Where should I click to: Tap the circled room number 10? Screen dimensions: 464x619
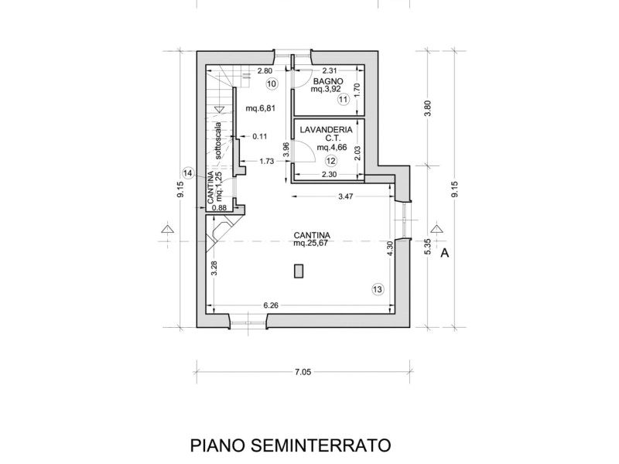[x=271, y=84]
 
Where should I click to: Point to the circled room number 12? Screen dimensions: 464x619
[x=331, y=161]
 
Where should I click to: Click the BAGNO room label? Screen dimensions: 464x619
[x=325, y=80]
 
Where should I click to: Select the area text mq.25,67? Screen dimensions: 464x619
[x=312, y=243]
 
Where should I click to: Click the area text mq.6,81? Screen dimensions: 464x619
[x=261, y=107]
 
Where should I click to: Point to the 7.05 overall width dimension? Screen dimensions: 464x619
[x=302, y=372]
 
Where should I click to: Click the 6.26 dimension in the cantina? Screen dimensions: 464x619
[x=271, y=305]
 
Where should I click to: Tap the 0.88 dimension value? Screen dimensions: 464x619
[x=219, y=207]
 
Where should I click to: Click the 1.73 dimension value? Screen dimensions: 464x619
[x=266, y=161]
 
